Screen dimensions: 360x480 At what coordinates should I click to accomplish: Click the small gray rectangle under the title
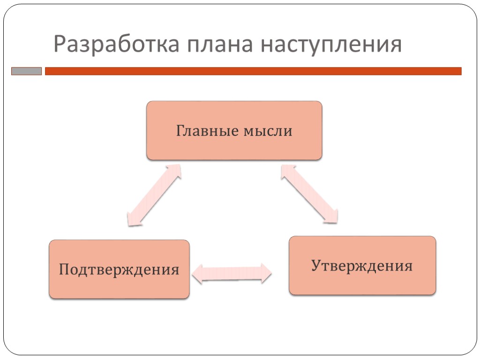click(26, 71)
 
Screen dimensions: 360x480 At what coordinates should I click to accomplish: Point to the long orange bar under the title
click(253, 71)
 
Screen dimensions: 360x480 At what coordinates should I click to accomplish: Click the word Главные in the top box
click(207, 131)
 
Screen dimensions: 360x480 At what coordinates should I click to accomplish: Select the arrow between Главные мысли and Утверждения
click(309, 193)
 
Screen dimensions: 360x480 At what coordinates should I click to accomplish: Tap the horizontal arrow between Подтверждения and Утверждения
click(232, 273)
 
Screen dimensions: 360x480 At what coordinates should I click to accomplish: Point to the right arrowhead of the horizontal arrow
click(266, 273)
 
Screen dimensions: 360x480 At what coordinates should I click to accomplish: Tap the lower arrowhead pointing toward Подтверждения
click(134, 218)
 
